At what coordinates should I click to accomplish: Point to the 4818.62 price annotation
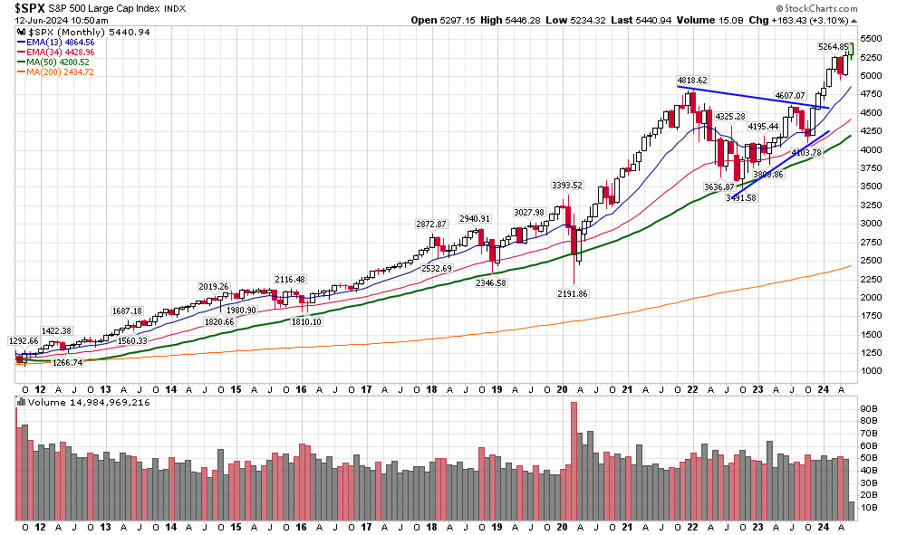click(x=691, y=80)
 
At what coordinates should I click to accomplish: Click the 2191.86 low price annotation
click(x=572, y=293)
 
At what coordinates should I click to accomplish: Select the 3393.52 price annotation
click(x=567, y=185)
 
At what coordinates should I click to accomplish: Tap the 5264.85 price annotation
click(x=833, y=47)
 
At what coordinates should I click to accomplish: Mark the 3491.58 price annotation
click(x=743, y=196)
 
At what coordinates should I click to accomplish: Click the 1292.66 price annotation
click(x=24, y=341)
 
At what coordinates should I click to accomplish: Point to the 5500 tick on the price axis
click(x=872, y=39)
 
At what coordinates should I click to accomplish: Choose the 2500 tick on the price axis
click(x=872, y=261)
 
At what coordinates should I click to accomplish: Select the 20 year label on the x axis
click(x=562, y=527)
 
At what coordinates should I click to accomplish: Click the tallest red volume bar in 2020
click(x=574, y=461)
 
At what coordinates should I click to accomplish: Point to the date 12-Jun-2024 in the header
click(x=43, y=19)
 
